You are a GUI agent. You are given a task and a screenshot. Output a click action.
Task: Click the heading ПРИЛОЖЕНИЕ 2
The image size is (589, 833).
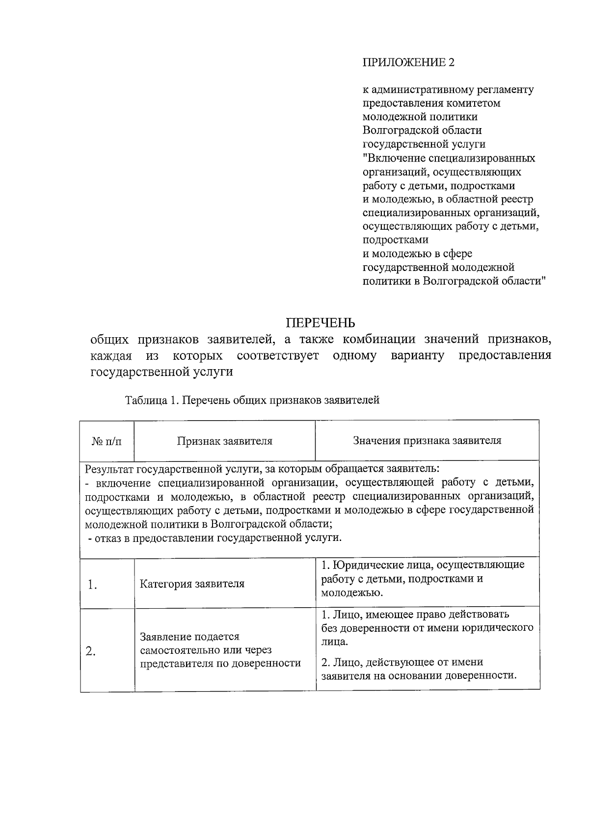click(x=408, y=62)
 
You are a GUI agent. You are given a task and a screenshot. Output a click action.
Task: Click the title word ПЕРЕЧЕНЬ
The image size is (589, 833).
click(x=321, y=322)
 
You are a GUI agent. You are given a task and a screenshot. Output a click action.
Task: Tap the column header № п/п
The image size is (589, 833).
click(x=107, y=441)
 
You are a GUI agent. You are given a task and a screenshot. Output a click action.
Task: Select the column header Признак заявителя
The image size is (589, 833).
click(x=224, y=441)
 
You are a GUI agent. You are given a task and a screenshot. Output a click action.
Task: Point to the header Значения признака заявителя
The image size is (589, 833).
click(x=427, y=440)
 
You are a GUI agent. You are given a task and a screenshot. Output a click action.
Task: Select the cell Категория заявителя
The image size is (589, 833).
click(x=192, y=584)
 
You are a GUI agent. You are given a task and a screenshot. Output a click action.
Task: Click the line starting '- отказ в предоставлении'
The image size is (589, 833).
click(x=215, y=537)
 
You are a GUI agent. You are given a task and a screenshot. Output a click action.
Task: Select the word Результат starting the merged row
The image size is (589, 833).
click(x=108, y=468)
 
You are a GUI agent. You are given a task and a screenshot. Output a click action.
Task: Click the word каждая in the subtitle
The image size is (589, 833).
click(x=111, y=355)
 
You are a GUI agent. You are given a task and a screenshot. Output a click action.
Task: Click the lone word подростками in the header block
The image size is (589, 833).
click(x=395, y=240)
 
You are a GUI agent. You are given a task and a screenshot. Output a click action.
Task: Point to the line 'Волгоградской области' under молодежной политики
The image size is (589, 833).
click(x=422, y=131)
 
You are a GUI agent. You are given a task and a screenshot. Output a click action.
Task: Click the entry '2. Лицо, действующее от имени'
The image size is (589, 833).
click(x=402, y=662)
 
